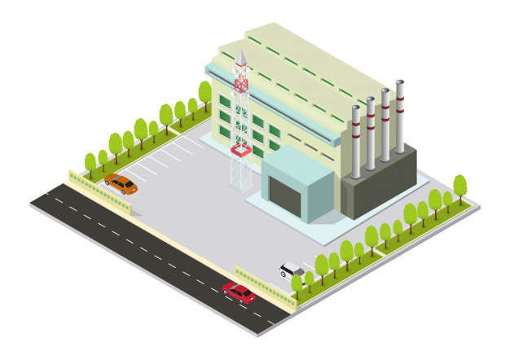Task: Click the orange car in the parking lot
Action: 121,184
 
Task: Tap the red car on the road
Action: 239,292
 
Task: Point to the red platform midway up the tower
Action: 240,150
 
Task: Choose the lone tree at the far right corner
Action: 459,186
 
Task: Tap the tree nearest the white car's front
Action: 297,281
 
